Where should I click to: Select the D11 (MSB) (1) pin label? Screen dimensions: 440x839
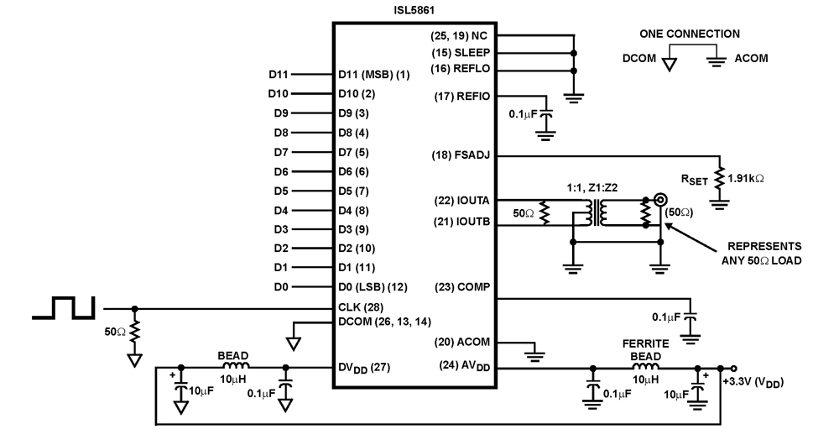(x=374, y=75)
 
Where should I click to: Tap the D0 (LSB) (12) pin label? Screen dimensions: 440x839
(x=373, y=287)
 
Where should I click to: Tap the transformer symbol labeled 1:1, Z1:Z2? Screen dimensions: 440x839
(x=599, y=212)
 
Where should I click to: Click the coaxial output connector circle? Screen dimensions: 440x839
(x=660, y=200)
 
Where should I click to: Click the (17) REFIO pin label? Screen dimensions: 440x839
(x=463, y=97)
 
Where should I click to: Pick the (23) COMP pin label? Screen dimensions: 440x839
(x=464, y=287)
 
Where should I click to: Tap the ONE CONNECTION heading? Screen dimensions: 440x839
(x=690, y=34)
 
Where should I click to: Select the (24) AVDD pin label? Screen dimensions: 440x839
(x=465, y=366)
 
